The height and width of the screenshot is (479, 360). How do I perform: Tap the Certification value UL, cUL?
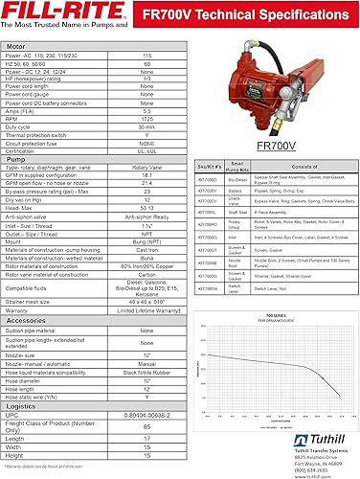(146, 151)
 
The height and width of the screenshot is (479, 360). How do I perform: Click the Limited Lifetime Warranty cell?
(146, 284)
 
